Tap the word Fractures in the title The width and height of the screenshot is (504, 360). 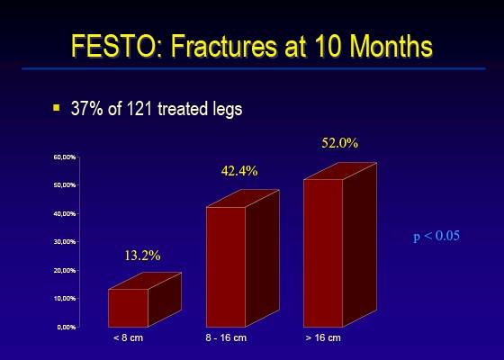[x=223, y=46]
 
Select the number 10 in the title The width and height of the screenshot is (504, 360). [x=328, y=46]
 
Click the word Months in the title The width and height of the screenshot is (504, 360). [x=391, y=46]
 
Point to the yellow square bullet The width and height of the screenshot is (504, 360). [x=57, y=107]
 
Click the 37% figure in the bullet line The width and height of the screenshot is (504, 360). [x=86, y=109]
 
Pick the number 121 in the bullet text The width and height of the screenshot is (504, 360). [x=139, y=109]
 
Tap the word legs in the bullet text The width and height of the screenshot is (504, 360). [x=227, y=109]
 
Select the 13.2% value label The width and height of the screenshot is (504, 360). [x=142, y=256]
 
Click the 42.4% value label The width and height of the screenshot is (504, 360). [x=239, y=171]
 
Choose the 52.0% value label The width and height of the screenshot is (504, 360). [x=340, y=143]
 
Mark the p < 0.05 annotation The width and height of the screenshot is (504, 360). [x=436, y=236]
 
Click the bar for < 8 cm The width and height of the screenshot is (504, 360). [x=145, y=300]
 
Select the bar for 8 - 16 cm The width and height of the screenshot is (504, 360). [x=243, y=258]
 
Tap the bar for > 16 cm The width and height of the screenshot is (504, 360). [x=340, y=245]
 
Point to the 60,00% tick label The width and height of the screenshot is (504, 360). [x=65, y=157]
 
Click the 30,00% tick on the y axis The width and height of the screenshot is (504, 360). [x=65, y=242]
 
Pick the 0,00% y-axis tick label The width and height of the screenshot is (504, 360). [x=67, y=327]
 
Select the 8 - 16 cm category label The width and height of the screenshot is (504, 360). [x=226, y=337]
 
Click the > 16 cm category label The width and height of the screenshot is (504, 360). [x=323, y=337]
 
